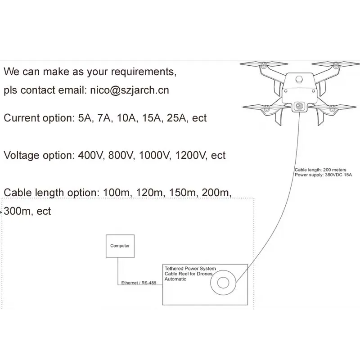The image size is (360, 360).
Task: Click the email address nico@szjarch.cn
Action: (x=129, y=90)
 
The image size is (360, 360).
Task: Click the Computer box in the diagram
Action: (x=120, y=246)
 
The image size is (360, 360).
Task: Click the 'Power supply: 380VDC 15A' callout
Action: (x=317, y=175)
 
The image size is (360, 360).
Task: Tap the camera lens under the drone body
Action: (x=299, y=106)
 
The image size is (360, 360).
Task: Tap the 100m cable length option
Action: (x=115, y=193)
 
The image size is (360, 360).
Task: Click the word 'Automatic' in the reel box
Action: (x=175, y=279)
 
